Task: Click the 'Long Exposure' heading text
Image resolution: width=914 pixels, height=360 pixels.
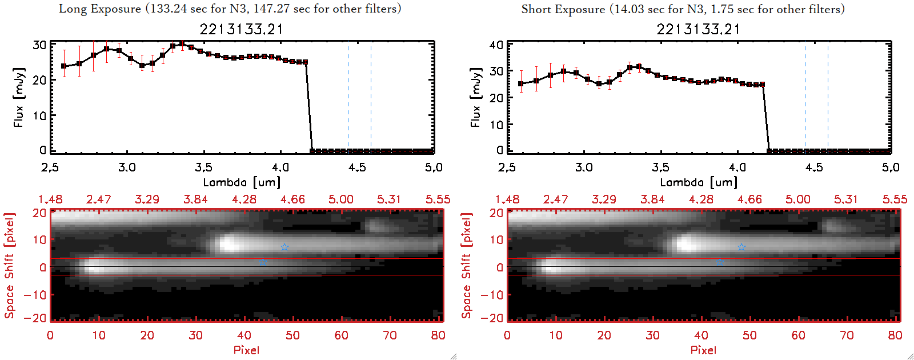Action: point(100,9)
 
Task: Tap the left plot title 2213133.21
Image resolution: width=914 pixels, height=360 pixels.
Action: point(241,29)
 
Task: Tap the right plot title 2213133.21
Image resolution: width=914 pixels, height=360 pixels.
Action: point(698,29)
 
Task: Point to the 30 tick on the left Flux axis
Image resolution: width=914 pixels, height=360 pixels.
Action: point(40,45)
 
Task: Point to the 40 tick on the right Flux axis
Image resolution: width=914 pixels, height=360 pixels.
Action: point(497,45)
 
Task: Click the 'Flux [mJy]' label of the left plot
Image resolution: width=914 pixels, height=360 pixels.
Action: point(19,97)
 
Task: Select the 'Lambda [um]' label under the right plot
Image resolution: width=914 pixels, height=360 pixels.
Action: point(699,183)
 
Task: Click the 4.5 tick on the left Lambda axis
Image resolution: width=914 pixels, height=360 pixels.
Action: point(357,168)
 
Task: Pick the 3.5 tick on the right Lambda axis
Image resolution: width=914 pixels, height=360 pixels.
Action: point(660,168)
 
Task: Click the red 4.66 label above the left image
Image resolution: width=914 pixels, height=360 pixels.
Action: point(292,199)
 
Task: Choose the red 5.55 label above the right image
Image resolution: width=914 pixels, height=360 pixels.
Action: point(895,199)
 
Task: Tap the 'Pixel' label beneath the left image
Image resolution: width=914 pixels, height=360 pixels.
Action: point(246,350)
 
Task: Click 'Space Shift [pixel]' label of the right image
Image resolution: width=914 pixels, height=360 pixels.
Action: point(467,266)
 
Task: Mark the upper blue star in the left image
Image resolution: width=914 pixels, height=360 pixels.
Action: point(284,247)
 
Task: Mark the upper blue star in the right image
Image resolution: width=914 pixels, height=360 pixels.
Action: point(741,247)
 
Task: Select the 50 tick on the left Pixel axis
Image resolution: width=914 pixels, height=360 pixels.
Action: point(292,335)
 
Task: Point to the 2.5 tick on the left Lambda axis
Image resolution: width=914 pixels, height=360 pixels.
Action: point(50,168)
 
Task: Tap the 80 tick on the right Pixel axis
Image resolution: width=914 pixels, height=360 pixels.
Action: point(895,335)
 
